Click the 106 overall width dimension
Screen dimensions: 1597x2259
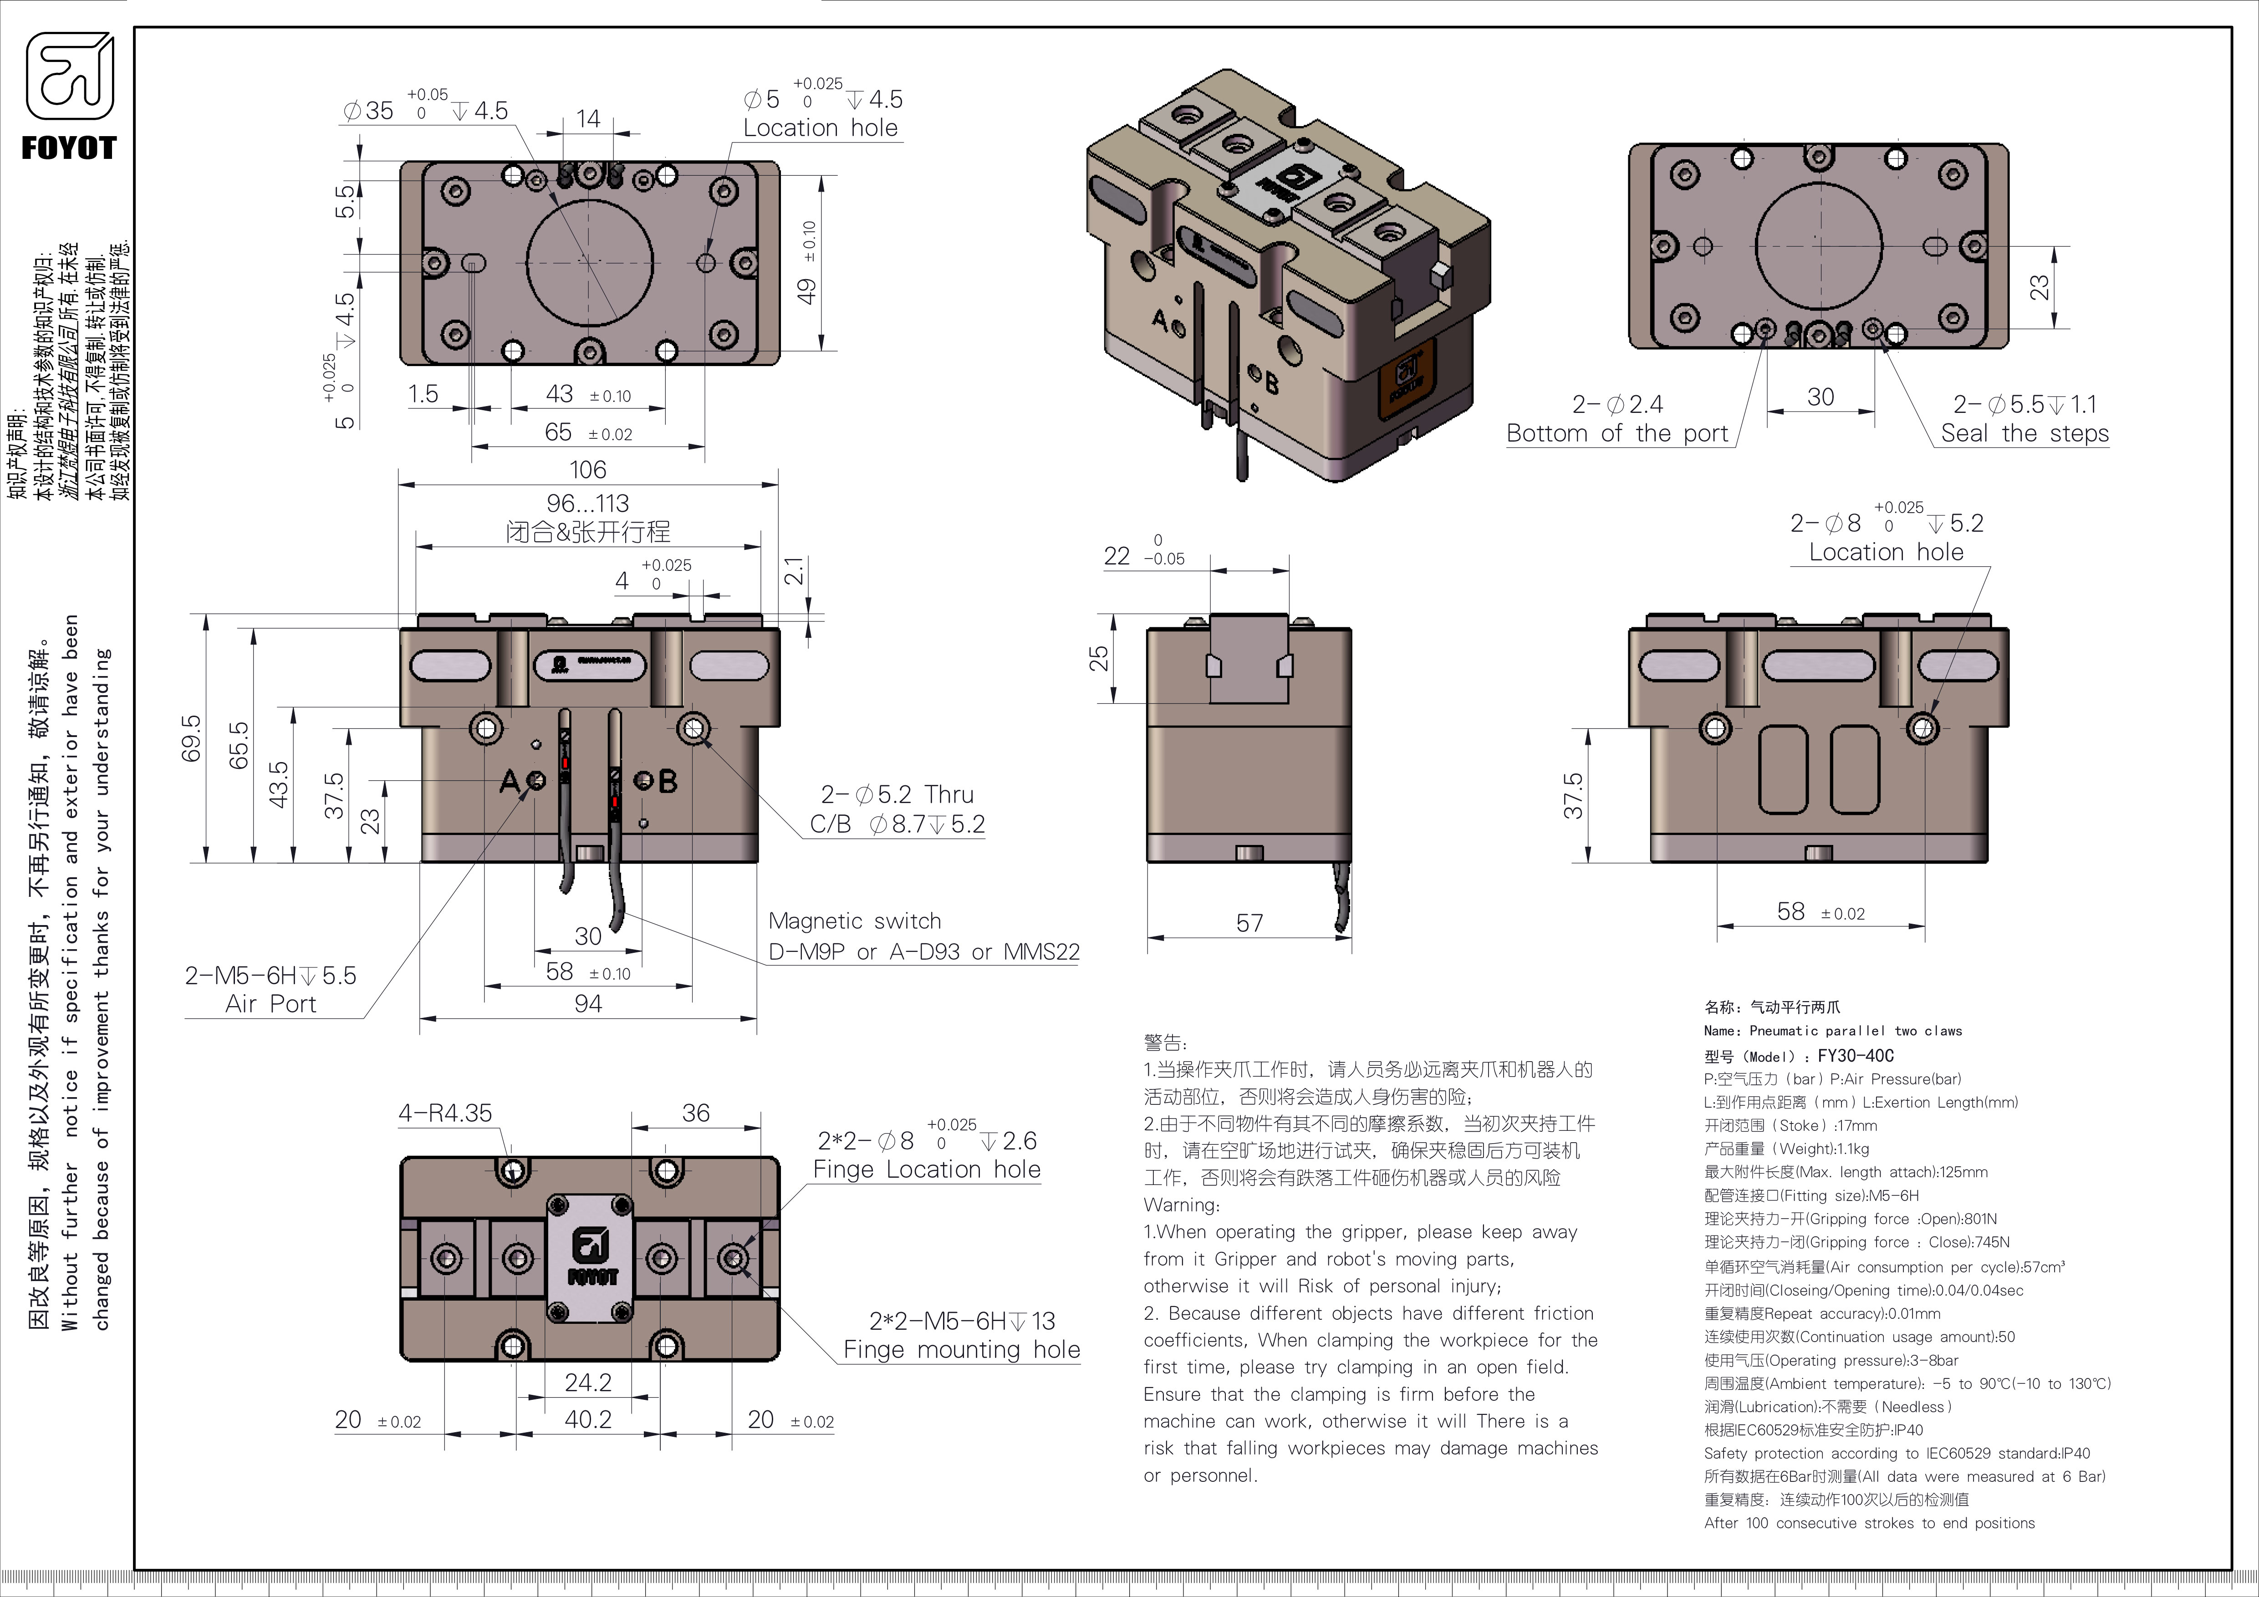pos(587,470)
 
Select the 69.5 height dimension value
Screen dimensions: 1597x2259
pos(191,737)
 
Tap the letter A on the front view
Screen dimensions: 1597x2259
pos(509,782)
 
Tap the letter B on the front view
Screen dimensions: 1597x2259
pos(668,782)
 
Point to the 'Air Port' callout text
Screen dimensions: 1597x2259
pos(270,1004)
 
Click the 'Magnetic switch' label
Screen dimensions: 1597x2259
pos(854,921)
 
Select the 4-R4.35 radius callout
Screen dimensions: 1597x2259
pos(445,1113)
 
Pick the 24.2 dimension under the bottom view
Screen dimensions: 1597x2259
pos(587,1383)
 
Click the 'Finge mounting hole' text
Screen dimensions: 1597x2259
pos(961,1350)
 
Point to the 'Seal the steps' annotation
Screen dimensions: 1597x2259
pos(2025,434)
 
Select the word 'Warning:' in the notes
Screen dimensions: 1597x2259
pos(1181,1205)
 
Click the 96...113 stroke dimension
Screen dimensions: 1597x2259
pos(587,504)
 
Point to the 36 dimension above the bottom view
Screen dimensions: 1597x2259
pos(696,1113)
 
